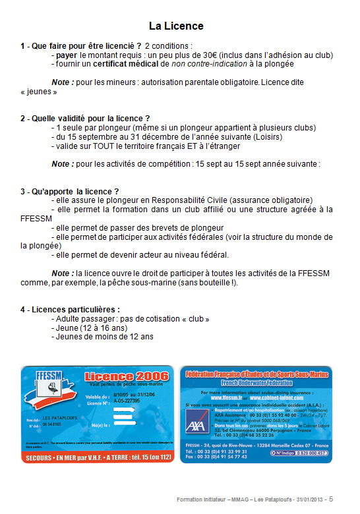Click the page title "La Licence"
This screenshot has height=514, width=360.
[176, 26]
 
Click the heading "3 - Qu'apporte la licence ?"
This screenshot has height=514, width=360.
[70, 191]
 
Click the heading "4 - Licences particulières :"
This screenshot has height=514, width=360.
[70, 309]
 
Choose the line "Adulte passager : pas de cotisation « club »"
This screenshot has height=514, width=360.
[133, 319]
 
